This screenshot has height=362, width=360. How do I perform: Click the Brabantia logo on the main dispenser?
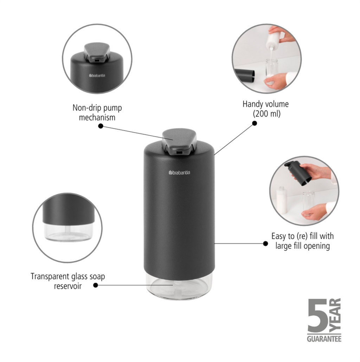[x=179, y=172]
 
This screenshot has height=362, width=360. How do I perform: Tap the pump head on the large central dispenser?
[x=179, y=141]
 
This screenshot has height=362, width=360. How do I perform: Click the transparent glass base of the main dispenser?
[x=179, y=286]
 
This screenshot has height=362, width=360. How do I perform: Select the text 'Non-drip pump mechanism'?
[x=97, y=113]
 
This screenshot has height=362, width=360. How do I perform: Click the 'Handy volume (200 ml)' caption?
[x=266, y=109]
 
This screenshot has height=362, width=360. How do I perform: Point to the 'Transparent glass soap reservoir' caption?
[x=68, y=281]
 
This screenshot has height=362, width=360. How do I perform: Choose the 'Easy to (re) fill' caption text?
[x=303, y=241]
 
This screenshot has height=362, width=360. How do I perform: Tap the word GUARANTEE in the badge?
[x=324, y=339]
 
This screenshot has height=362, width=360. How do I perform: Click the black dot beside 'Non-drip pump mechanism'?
[x=101, y=126]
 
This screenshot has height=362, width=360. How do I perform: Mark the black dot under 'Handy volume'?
[x=255, y=123]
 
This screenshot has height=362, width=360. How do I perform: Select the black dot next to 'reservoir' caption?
[x=96, y=285]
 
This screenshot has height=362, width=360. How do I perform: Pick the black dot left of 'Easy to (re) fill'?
[x=266, y=243]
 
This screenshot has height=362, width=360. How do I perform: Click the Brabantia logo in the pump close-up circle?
[x=97, y=76]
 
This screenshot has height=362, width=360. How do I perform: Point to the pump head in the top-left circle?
[x=97, y=53]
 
